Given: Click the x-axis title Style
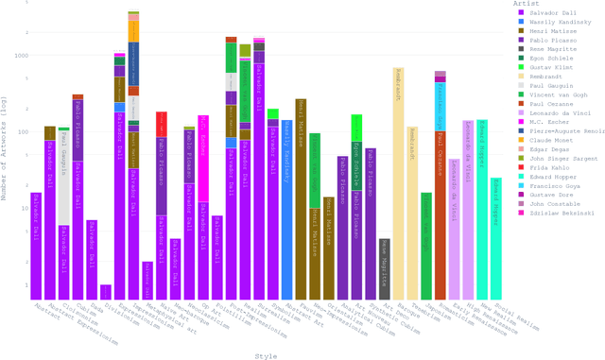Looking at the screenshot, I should pos(266,354).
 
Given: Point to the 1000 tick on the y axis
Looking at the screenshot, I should pos(21,55).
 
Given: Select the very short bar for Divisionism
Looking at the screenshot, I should pos(106,291).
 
